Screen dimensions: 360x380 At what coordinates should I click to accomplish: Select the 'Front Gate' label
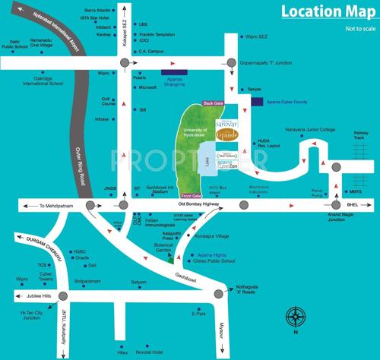click(x=192, y=258)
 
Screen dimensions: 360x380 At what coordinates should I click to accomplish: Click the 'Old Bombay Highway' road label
click(x=198, y=204)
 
